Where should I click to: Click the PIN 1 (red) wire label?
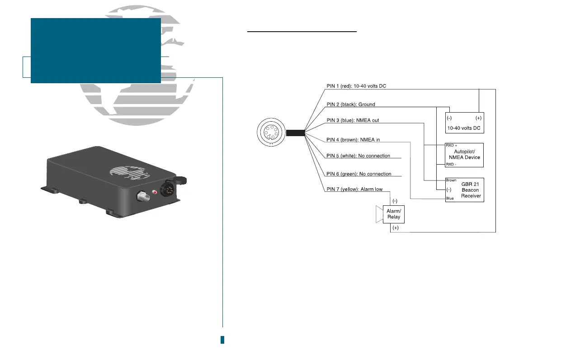click(357, 85)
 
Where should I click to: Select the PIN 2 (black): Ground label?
click(351, 104)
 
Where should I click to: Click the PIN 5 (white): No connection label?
click(358, 156)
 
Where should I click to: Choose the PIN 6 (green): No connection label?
click(359, 174)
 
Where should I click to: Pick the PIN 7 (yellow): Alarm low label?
click(354, 189)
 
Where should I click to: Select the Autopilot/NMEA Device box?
click(464, 155)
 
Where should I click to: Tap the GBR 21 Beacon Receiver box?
click(464, 190)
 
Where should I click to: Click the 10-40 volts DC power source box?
click(464, 123)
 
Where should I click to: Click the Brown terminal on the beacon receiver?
click(451, 180)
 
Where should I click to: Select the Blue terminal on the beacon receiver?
click(450, 199)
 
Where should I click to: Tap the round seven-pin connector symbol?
click(269, 133)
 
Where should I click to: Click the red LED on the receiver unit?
click(155, 193)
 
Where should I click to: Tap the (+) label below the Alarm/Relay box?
click(396, 228)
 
